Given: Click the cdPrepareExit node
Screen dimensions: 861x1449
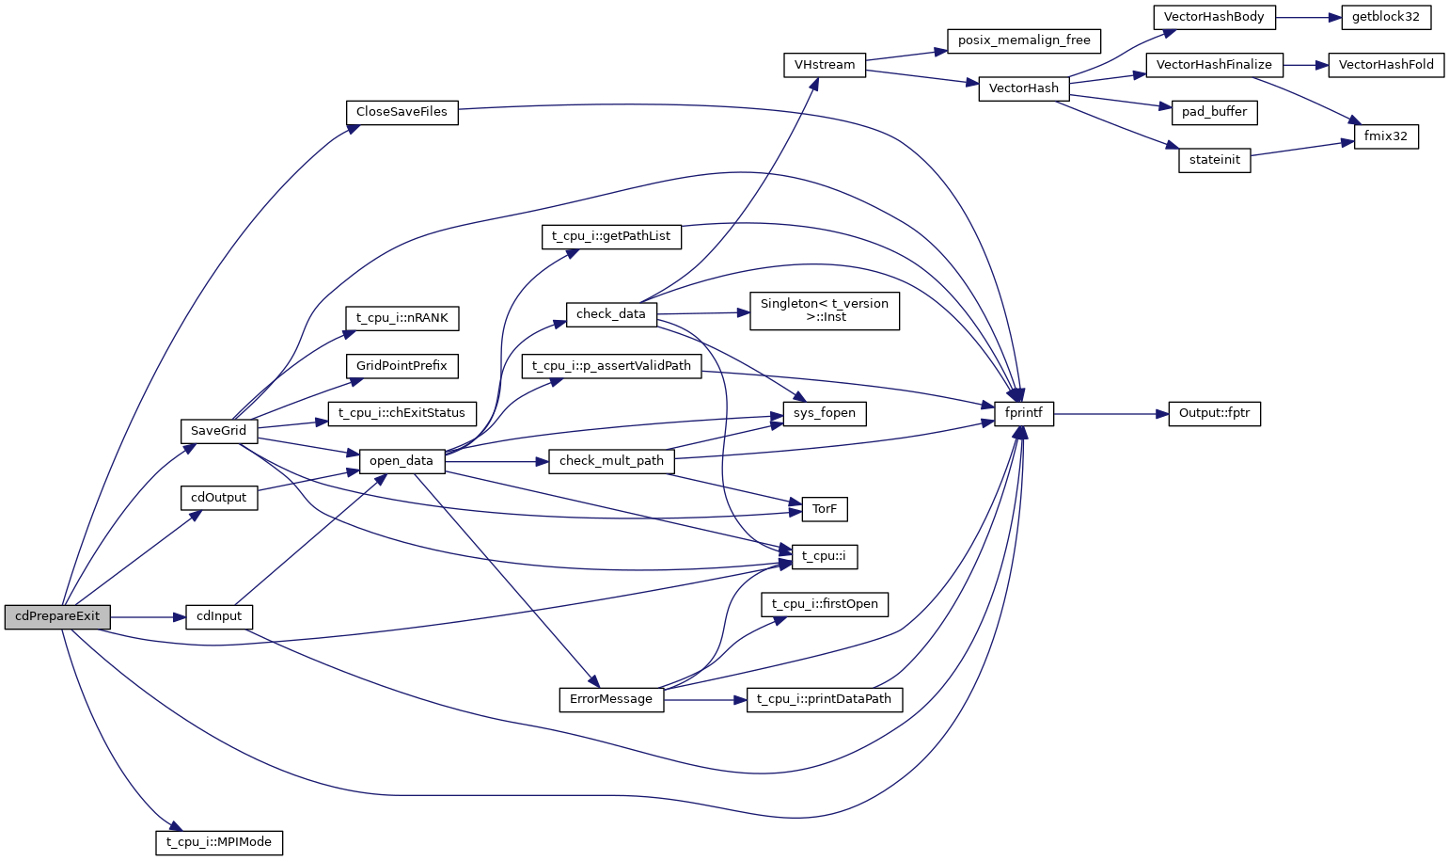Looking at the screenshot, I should click(57, 617).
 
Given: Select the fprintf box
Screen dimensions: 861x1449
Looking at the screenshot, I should click(1024, 413).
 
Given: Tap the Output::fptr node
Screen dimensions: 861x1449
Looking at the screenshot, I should click(1214, 413).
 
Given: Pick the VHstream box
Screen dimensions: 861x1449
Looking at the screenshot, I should click(825, 65).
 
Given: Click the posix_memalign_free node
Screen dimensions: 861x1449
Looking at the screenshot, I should click(1024, 40).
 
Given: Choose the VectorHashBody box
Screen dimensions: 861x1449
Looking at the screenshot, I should click(1214, 17).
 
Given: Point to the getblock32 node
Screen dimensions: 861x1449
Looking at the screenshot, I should click(1386, 17).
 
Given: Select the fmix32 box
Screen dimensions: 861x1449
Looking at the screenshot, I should click(1386, 136).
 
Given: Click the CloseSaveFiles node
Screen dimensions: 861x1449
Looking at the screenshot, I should click(402, 112).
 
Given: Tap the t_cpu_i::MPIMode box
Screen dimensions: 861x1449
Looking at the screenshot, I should click(219, 842).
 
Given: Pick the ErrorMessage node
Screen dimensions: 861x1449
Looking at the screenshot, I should click(611, 699).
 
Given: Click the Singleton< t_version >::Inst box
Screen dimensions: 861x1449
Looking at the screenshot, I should click(825, 311).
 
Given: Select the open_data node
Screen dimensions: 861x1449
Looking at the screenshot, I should click(402, 461).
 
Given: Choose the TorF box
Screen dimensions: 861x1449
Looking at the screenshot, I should click(825, 509).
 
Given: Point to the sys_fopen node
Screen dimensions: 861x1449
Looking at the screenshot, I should click(825, 413).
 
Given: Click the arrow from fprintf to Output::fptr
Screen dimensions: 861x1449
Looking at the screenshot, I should click(1110, 413).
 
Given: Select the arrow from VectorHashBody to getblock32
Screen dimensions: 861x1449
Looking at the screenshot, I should click(1308, 17).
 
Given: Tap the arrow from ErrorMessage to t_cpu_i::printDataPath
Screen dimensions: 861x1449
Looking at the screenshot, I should click(705, 700).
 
